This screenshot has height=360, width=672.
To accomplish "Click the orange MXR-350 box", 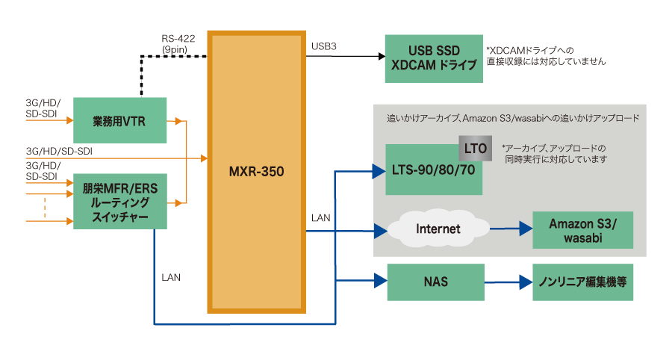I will pyautogui.click(x=256, y=172).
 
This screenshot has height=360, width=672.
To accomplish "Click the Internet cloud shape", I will pyautogui.click(x=438, y=228).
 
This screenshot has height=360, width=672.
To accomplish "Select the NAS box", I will pyautogui.click(x=436, y=282).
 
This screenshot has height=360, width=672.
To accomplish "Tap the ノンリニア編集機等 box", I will pyautogui.click(x=582, y=282).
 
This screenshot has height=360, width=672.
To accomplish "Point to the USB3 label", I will pyautogui.click(x=324, y=47).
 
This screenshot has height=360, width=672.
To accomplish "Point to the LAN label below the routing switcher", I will pyautogui.click(x=171, y=277).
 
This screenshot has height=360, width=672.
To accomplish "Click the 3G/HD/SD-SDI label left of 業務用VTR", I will pyautogui.click(x=43, y=107).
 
